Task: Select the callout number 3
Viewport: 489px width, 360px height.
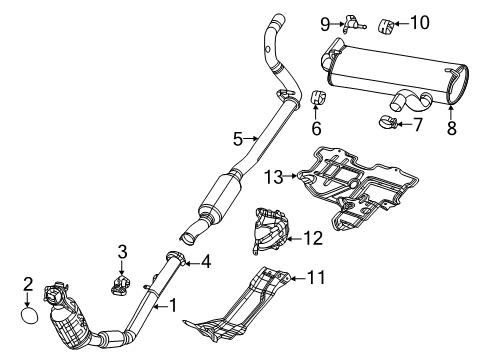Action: click(121, 252)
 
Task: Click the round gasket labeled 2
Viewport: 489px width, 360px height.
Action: click(29, 316)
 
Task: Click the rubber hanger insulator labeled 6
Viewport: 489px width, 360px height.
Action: click(316, 98)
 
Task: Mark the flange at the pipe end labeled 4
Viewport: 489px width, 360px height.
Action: click(177, 263)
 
